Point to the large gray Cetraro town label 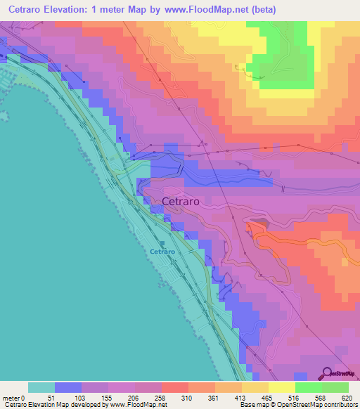180,201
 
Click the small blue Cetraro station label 162,252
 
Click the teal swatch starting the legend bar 41,387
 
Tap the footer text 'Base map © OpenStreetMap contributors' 298,405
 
